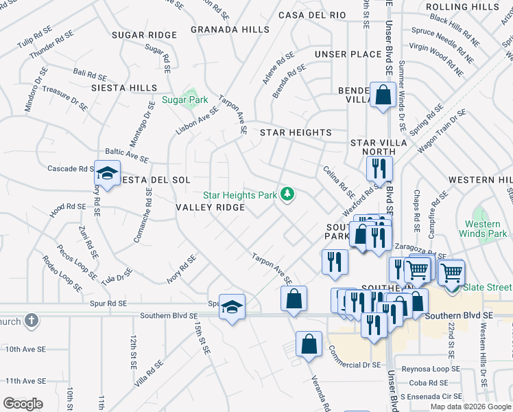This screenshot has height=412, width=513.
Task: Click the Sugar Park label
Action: point(184,100)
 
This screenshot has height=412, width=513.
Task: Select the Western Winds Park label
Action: point(486,229)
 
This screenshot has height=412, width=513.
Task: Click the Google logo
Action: point(23,404)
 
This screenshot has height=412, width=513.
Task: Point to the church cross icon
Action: point(31,321)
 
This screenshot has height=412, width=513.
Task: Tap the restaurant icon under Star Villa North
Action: point(378,168)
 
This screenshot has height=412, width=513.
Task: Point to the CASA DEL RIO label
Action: point(312,15)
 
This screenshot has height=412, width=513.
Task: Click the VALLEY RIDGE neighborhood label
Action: point(210,207)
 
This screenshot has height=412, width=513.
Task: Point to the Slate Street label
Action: point(488,287)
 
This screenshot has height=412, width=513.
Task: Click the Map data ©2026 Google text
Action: point(469,406)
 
